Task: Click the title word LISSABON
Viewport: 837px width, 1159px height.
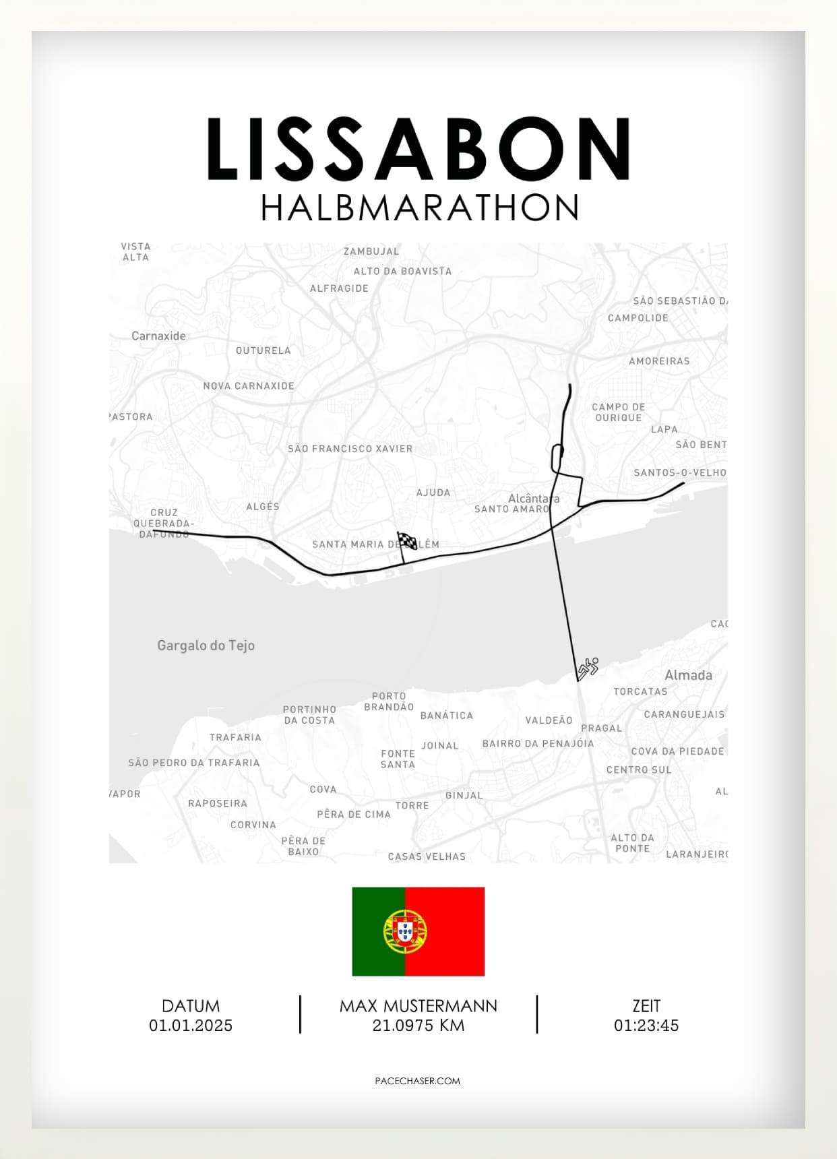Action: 418,150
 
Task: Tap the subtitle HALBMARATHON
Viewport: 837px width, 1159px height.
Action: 419,208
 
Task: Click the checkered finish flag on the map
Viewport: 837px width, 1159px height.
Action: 406,541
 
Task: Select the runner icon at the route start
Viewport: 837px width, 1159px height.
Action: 588,668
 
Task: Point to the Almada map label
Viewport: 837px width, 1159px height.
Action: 688,675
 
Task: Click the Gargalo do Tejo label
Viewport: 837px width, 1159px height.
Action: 206,646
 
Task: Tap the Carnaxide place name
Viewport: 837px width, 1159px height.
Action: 158,336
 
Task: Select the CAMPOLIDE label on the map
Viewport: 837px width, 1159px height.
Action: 638,318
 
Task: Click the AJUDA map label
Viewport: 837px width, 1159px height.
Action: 433,493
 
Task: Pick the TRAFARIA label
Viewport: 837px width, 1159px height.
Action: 235,737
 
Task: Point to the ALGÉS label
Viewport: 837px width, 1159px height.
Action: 262,507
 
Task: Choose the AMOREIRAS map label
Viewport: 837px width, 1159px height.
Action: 659,361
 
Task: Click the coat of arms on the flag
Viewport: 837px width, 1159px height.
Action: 405,931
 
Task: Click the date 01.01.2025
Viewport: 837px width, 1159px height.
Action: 191,1026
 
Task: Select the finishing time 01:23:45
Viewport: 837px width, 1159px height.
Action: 646,1026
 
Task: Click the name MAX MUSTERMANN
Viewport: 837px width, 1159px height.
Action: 418,1006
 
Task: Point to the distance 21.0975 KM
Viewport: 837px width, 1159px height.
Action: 418,1026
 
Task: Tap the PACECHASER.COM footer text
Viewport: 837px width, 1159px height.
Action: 418,1081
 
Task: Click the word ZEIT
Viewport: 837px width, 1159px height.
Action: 646,1006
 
